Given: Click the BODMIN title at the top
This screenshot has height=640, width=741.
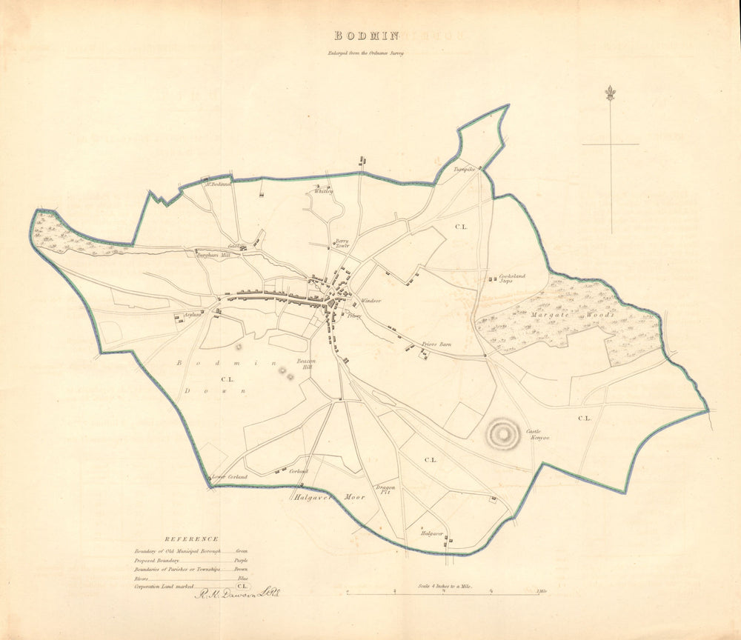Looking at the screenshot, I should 367,36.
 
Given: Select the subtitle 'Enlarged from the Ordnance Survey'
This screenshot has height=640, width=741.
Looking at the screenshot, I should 368,53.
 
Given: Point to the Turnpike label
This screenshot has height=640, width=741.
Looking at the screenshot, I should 464,169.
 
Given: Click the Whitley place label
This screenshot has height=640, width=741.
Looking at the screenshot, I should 324,191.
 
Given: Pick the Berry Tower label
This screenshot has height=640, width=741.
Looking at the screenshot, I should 342,244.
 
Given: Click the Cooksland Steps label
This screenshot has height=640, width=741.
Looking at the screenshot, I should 512,279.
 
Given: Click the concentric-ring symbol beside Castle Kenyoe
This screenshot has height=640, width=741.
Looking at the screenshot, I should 503,431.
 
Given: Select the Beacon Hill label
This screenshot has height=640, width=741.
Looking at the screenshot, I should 307,363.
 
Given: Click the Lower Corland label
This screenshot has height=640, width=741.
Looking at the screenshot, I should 229,477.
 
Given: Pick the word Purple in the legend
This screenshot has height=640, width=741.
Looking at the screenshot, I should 242,561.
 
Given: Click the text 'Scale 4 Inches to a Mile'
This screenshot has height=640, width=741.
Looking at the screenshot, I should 445,586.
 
